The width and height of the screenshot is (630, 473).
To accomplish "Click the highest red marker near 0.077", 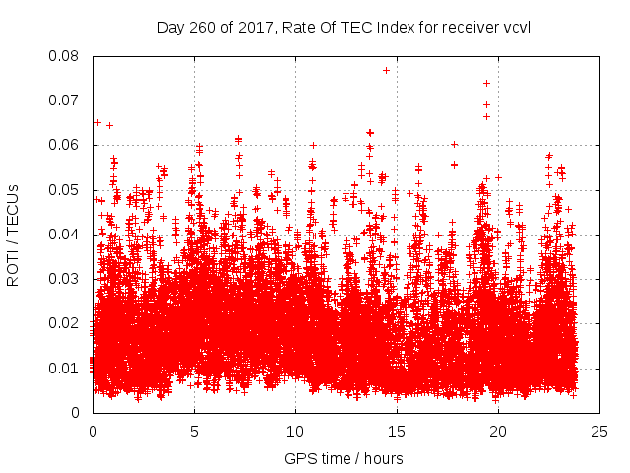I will pos(386,70).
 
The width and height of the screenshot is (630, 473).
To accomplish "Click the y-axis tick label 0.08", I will pos(66,56).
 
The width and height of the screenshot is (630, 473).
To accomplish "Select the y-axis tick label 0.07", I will pos(66,101).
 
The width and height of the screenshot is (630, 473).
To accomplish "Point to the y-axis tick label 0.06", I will pos(66,145).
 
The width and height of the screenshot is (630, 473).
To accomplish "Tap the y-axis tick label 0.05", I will pos(66,190).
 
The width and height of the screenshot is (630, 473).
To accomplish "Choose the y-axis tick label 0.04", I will pos(66,235).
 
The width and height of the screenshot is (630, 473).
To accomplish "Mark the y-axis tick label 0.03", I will pos(66,279).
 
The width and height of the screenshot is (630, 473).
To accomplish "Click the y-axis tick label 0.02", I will pos(66,323).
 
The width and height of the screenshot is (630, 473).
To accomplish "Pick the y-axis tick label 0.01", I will pos(66,369).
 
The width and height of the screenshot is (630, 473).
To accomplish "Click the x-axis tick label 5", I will pos(194,431).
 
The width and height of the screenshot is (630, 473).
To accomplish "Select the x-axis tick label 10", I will pos(295,431).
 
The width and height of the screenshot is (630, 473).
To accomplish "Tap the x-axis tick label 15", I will pos(397,431).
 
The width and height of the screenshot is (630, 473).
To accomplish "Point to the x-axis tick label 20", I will pos(498,431).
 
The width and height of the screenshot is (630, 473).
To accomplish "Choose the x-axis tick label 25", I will pos(599,431).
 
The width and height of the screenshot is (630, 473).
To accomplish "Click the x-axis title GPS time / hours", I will pos(344,458).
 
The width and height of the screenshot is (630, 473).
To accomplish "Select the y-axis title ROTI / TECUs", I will pos(14,235).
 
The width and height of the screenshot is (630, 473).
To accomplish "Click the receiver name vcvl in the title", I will pos(517,27).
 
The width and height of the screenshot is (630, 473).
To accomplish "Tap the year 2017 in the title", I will pos(259,27).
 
